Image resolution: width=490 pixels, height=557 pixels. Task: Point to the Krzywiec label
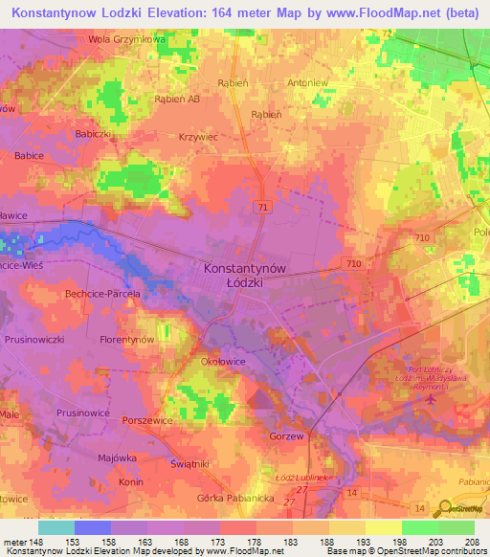(198, 137)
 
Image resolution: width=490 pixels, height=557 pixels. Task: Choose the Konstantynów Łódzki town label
(246, 277)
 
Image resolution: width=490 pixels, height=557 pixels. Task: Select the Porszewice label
(146, 420)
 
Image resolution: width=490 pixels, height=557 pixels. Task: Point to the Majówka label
(119, 457)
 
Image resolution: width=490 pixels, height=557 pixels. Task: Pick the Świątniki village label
(217, 463)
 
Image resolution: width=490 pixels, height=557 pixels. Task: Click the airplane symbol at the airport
(428, 399)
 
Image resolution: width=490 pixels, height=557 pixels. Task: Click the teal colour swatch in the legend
(56, 527)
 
